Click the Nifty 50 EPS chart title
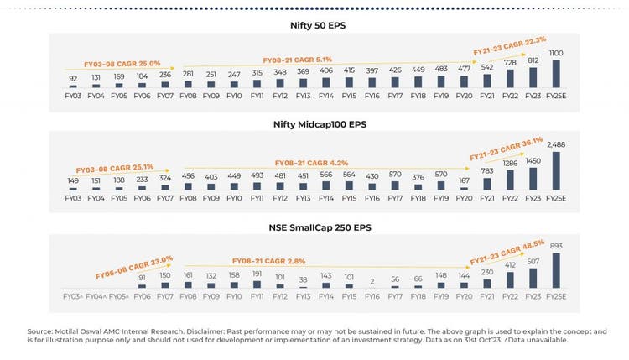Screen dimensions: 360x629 click(x=314, y=24)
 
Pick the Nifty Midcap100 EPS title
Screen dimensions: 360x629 click(x=314, y=125)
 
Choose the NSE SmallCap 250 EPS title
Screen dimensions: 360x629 click(x=314, y=227)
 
